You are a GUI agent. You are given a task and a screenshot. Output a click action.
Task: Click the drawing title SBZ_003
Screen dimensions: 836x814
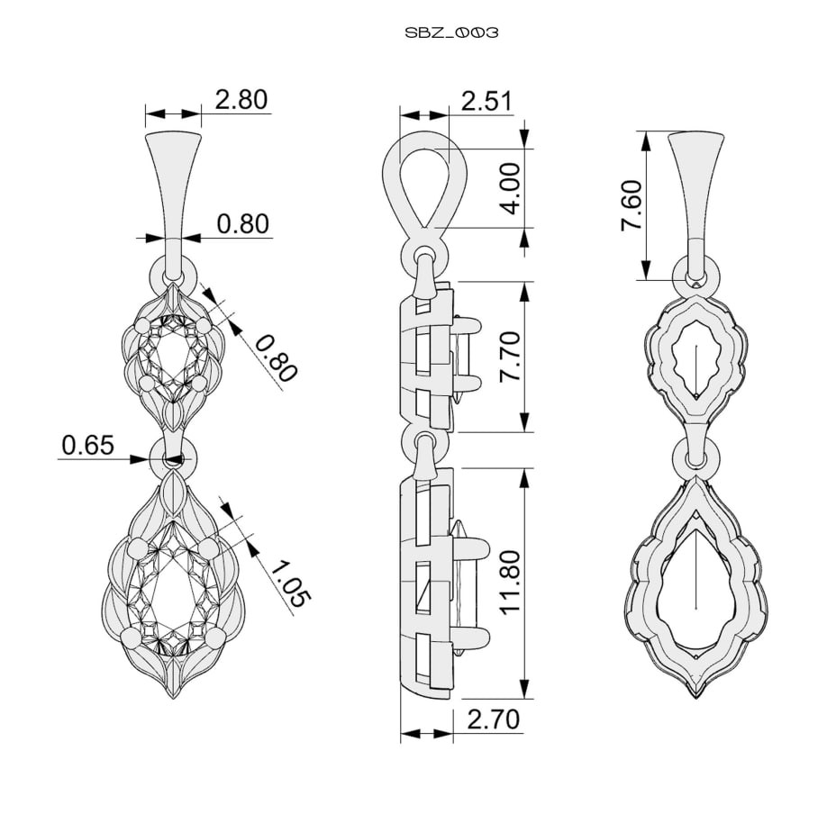click(x=451, y=33)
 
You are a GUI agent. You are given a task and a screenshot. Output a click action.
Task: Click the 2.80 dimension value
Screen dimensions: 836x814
click(x=241, y=100)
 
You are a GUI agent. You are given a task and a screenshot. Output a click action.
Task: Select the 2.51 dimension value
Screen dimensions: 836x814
click(x=486, y=101)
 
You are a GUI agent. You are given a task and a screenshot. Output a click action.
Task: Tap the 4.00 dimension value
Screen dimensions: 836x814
click(x=510, y=189)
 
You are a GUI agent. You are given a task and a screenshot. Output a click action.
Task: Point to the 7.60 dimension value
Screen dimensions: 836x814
click(x=631, y=205)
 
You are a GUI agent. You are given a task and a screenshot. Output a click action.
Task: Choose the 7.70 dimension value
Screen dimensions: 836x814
click(x=510, y=356)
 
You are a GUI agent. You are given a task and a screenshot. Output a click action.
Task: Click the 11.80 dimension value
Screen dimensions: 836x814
click(x=510, y=582)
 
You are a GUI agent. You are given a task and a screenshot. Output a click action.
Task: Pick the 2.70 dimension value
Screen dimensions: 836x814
click(x=493, y=719)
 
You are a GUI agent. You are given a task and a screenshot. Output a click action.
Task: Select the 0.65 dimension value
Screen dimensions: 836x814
click(x=88, y=445)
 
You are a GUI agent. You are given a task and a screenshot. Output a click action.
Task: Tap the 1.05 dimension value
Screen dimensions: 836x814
click(x=288, y=584)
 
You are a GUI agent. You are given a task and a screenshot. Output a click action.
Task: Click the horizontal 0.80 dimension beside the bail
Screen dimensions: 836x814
click(x=242, y=223)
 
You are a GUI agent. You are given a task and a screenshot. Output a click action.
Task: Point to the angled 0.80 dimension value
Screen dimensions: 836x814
click(x=275, y=358)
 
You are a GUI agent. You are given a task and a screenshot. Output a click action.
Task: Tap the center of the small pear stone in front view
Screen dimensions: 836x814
click(x=172, y=354)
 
